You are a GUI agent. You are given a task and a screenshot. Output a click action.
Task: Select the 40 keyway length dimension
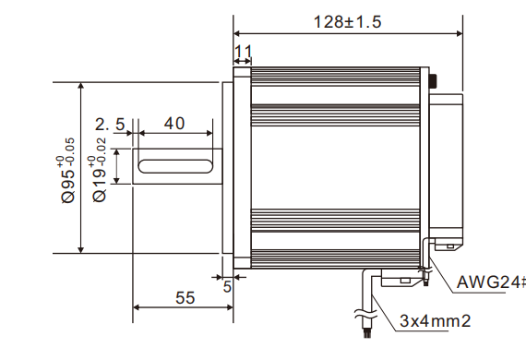[174, 124]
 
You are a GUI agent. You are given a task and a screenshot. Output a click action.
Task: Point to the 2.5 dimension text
[109, 124]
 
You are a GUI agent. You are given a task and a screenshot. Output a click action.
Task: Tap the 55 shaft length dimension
[185, 297]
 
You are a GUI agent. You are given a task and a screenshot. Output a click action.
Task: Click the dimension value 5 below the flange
[227, 286]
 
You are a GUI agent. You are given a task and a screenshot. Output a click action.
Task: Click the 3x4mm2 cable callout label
[435, 321]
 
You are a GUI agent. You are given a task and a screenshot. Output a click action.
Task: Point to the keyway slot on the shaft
[175, 166]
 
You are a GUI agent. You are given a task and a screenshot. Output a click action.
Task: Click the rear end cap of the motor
[445, 166]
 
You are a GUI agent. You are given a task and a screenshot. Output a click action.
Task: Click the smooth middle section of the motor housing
[337, 166]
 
